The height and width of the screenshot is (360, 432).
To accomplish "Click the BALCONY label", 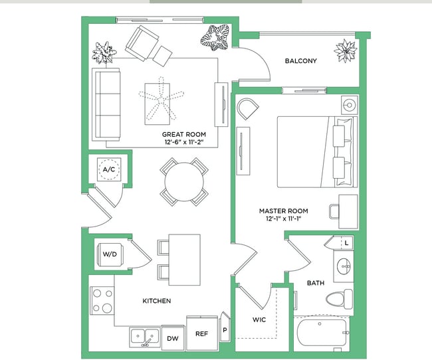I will point(300,61).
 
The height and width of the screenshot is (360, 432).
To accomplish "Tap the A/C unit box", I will point(108,170).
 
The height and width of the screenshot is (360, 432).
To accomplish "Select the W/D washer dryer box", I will point(108,252).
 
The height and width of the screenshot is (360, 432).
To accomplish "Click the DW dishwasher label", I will point(172,339).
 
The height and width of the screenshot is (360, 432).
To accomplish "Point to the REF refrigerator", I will point(201,334).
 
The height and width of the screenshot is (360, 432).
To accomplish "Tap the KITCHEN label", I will point(157,301).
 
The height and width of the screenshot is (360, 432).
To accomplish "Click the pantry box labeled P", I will point(225,328).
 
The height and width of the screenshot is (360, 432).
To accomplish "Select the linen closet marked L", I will point(347,243).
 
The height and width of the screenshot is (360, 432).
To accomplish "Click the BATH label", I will point(315,283).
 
